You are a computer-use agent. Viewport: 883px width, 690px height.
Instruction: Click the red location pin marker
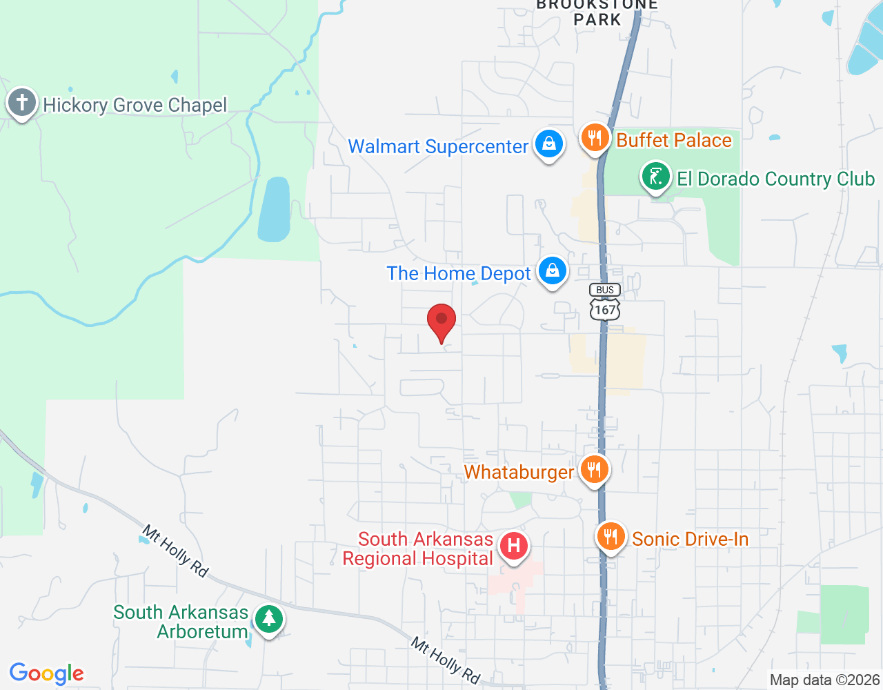pyautogui.click(x=441, y=322)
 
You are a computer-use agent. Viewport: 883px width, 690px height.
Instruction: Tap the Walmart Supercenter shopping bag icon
pyautogui.click(x=549, y=144)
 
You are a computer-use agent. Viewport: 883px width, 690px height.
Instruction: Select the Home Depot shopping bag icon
pyautogui.click(x=553, y=271)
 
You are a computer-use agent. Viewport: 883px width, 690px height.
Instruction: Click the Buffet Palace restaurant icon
pyautogui.click(x=595, y=137)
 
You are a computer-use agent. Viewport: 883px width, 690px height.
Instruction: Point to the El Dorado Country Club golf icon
pyautogui.click(x=656, y=177)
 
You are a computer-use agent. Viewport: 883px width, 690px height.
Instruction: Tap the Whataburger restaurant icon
pyautogui.click(x=594, y=470)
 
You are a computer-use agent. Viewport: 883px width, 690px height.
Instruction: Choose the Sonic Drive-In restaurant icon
pyautogui.click(x=611, y=536)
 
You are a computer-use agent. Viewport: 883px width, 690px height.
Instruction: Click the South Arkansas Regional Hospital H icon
pyautogui.click(x=514, y=546)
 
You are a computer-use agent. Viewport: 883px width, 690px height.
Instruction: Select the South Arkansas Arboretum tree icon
pyautogui.click(x=268, y=618)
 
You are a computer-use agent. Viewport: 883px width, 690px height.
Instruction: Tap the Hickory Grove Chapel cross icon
pyautogui.click(x=22, y=103)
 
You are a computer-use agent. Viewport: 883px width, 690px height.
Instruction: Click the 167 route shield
pyautogui.click(x=605, y=309)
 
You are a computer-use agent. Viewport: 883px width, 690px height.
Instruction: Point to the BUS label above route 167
pyautogui.click(x=605, y=290)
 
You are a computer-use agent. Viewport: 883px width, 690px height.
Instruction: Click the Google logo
pyautogui.click(x=47, y=673)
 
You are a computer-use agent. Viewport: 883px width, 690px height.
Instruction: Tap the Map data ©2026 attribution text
pyautogui.click(x=824, y=680)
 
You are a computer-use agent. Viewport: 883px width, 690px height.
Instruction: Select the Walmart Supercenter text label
pyautogui.click(x=438, y=146)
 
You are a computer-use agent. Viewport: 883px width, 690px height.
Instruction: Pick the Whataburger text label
pyautogui.click(x=519, y=472)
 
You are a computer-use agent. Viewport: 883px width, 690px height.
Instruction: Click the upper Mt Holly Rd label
pyautogui.click(x=175, y=550)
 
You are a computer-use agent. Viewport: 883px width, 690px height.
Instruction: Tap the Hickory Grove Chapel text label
pyautogui.click(x=135, y=105)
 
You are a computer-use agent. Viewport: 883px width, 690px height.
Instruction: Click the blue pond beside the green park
pyautogui.click(x=274, y=209)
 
